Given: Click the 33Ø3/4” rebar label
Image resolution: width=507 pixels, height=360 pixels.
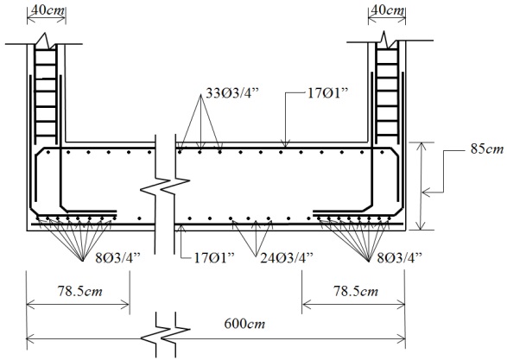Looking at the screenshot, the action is (x=232, y=93).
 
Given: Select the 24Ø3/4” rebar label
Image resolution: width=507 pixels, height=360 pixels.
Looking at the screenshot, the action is (x=287, y=258).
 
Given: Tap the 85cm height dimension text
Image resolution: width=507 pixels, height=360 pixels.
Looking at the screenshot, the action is (x=487, y=149).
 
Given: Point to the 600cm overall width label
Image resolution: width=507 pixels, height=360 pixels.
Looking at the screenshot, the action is (x=244, y=324).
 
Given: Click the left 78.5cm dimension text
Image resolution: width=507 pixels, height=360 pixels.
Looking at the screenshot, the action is (x=79, y=291).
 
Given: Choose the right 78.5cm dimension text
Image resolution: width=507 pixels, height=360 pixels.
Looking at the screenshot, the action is (x=356, y=291).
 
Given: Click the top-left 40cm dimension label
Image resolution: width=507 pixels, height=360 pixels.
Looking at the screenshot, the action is (x=47, y=9).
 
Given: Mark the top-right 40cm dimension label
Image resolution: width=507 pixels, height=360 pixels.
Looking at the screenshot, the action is (x=387, y=9).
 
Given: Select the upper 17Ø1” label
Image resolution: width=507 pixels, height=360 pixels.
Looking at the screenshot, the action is (x=326, y=93).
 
